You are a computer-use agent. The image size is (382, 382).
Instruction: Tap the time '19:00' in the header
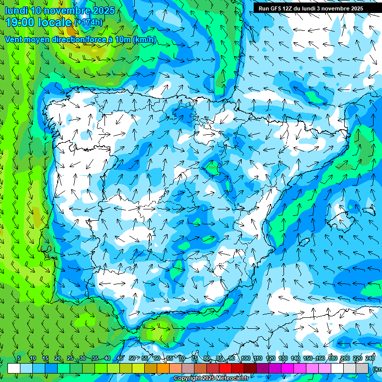tap(20, 22)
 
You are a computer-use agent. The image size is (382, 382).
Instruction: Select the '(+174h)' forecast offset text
tap(89, 22)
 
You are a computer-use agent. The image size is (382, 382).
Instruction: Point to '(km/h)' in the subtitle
tap(145, 40)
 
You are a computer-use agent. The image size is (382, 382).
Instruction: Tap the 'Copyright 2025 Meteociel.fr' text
tap(211, 379)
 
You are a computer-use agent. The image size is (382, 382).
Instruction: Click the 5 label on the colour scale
tap(19, 359)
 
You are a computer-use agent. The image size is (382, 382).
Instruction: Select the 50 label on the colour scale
tap(132, 359)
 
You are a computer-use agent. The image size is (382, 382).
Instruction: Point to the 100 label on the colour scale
tap(245, 359)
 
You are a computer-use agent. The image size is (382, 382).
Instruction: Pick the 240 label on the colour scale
tap(370, 359)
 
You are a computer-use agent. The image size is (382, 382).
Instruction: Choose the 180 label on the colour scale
tap(333, 359)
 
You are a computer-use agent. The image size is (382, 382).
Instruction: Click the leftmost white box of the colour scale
tap(14, 368)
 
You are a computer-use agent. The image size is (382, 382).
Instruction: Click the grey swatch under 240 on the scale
tap(363, 368)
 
